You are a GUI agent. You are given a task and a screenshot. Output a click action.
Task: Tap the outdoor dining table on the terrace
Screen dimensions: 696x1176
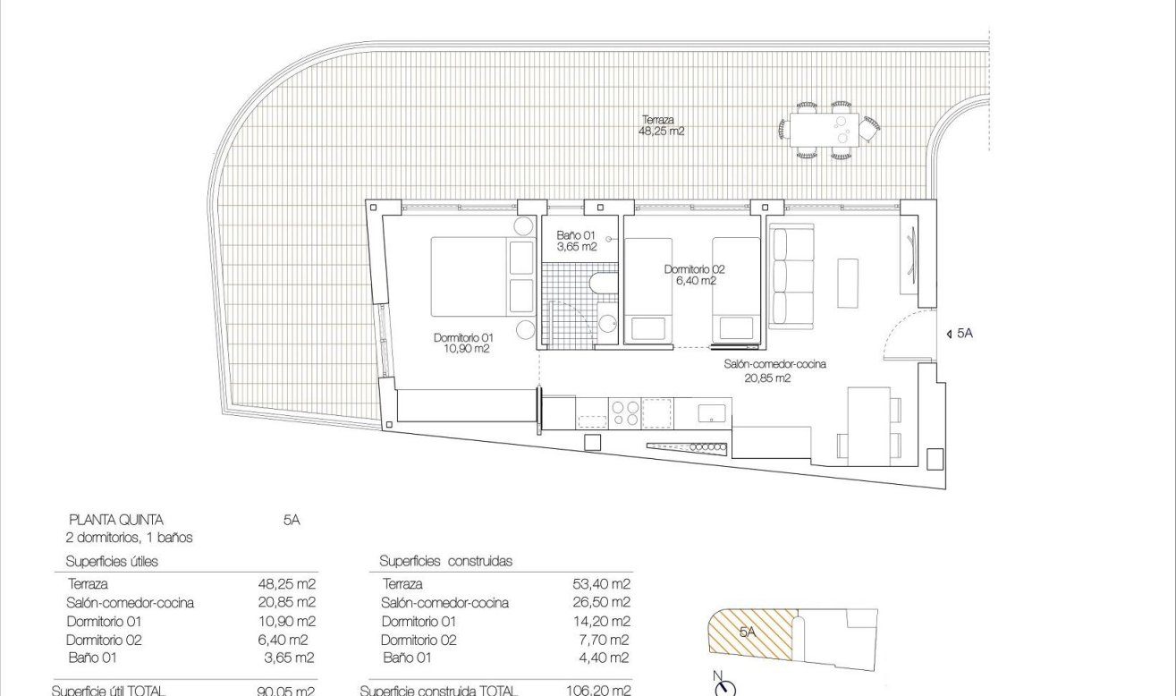(x=824, y=130)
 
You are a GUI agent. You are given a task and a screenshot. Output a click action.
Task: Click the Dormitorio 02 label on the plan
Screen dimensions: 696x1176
(x=694, y=275)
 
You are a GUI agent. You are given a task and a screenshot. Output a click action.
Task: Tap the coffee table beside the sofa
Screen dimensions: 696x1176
(x=848, y=282)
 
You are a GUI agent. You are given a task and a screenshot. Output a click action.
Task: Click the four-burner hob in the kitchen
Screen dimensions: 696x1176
(x=624, y=412)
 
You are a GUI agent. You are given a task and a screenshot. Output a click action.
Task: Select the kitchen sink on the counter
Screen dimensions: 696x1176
(x=712, y=412)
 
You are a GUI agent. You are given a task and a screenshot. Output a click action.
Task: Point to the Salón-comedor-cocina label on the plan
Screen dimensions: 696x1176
(x=774, y=370)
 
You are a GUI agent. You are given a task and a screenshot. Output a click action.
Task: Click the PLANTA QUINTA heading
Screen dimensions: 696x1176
(x=116, y=519)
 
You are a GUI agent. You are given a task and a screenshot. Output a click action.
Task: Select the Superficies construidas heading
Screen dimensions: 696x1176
(x=445, y=561)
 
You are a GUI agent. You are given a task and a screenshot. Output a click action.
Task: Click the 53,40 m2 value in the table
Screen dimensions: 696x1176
(x=601, y=584)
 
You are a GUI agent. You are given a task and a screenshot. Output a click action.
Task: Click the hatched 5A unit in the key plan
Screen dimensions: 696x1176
(x=749, y=631)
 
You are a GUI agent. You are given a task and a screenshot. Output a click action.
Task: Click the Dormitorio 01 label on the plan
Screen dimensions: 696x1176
(x=461, y=344)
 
